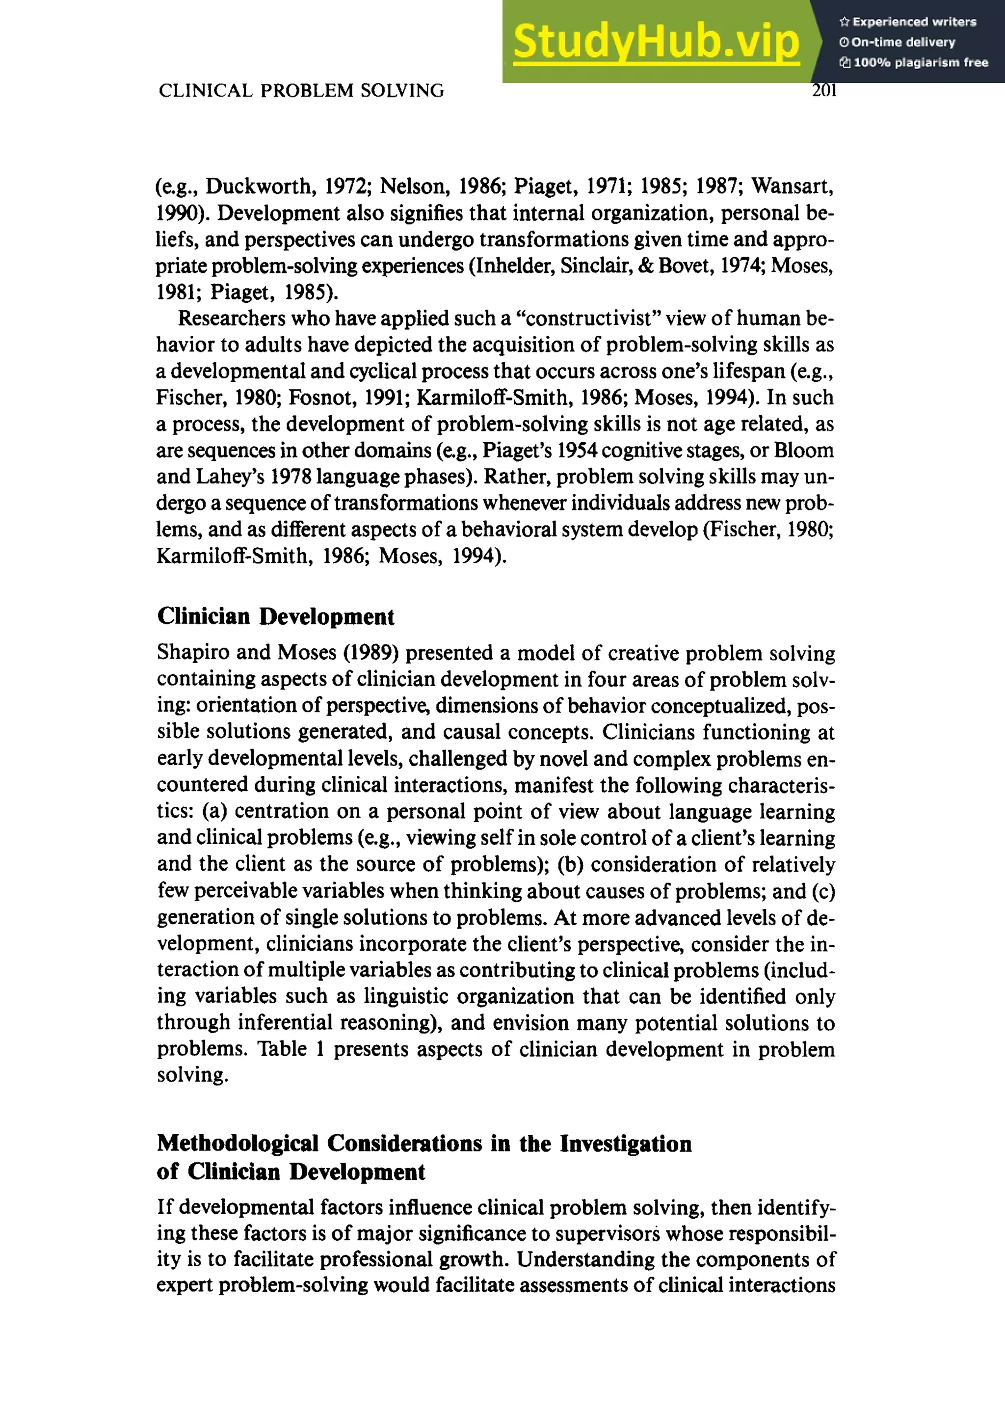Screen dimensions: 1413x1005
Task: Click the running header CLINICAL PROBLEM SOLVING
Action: point(301,90)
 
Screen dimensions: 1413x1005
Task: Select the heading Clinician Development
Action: point(275,616)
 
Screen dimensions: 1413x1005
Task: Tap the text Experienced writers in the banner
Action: point(913,22)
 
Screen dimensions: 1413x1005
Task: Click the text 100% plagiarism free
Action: point(920,62)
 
